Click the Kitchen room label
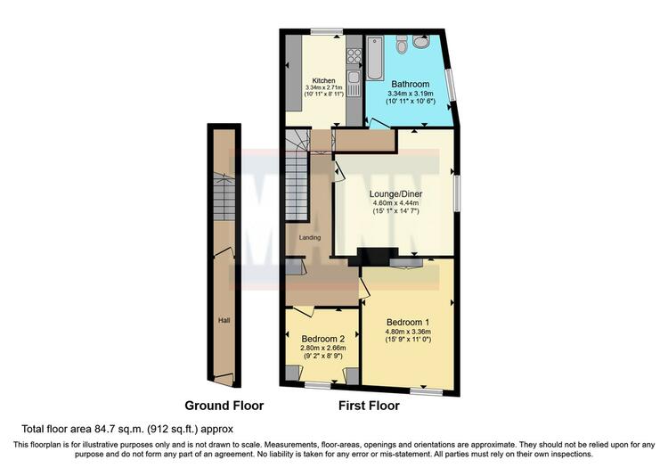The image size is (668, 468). (x=324, y=80)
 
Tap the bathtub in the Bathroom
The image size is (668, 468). (x=374, y=58)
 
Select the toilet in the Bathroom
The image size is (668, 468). (x=401, y=44)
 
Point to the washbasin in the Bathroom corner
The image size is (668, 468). (x=422, y=42)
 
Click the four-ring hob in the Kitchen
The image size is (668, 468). (x=354, y=56)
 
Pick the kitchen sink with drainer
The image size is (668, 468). (x=354, y=84)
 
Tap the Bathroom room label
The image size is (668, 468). (x=411, y=84)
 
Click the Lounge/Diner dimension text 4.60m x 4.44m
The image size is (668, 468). (x=395, y=203)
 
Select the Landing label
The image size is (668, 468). (x=310, y=237)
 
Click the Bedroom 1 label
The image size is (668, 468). (x=408, y=322)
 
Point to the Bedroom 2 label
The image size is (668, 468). (x=323, y=339)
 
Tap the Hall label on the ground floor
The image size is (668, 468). (x=224, y=320)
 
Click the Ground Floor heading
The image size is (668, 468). (x=224, y=406)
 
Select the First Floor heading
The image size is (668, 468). (x=369, y=406)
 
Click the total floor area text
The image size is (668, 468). (x=127, y=429)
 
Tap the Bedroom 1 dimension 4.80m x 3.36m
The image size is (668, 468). (x=408, y=332)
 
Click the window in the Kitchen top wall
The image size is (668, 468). (x=326, y=31)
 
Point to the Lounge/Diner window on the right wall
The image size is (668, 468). (x=457, y=193)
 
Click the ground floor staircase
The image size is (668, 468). (x=224, y=196)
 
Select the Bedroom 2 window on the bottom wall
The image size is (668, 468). (x=318, y=385)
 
